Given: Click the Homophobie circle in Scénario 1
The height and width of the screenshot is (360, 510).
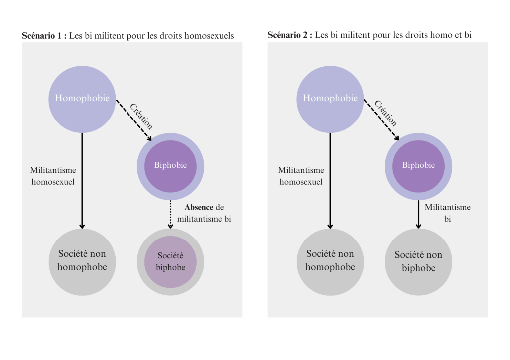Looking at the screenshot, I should (82, 99).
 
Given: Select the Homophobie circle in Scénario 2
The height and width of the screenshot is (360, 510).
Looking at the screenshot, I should (330, 99).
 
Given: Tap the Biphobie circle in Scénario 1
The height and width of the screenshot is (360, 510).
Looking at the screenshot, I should (170, 166).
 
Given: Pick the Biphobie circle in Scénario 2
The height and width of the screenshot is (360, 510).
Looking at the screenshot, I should (418, 166).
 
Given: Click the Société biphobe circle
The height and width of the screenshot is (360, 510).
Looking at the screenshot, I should (170, 262).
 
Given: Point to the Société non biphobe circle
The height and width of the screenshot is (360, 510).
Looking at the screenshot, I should (418, 262).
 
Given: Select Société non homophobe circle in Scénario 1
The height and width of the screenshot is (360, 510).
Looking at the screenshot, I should (82, 262).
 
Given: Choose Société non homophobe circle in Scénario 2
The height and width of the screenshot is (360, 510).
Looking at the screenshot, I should (330, 262).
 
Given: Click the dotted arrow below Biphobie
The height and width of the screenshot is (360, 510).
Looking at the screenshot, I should (170, 214).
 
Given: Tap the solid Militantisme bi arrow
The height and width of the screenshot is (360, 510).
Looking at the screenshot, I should (418, 214).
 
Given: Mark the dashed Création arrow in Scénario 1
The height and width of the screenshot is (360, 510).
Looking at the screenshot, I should (133, 120).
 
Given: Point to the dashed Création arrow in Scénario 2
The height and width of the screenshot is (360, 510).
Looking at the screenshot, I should (381, 120).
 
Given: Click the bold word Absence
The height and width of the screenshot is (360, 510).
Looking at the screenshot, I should (199, 207).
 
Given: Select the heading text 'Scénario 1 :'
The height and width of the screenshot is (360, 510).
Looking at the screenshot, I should (44, 36).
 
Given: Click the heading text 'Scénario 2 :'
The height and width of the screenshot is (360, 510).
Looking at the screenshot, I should (290, 35).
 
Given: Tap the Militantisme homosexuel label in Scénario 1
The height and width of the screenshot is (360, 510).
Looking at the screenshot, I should (53, 176).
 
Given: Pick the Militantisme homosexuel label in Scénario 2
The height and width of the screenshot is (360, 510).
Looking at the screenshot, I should (301, 176).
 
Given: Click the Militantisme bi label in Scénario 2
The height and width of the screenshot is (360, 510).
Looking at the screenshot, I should (447, 213).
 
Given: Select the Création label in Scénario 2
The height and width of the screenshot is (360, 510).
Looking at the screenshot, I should (386, 113).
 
